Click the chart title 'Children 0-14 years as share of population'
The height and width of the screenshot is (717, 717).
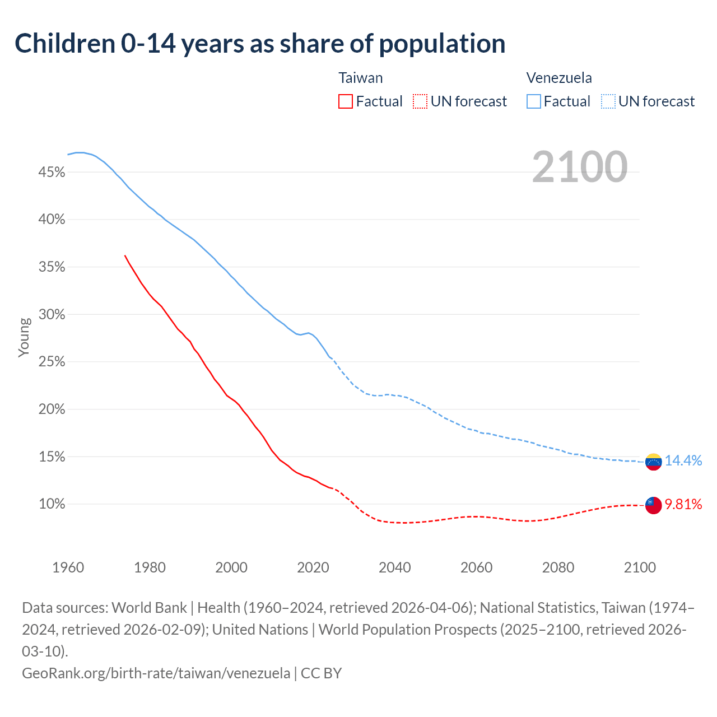pyautogui.click(x=260, y=44)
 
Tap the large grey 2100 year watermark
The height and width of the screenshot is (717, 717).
pyautogui.click(x=579, y=167)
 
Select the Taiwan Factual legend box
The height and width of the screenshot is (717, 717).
pyautogui.click(x=346, y=101)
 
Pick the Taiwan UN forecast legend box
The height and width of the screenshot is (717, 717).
pyautogui.click(x=420, y=101)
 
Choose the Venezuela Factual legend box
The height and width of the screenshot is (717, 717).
pyautogui.click(x=534, y=101)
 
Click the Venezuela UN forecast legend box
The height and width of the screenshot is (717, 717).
pyautogui.click(x=608, y=101)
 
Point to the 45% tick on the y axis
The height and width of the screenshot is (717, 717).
pyautogui.click(x=52, y=173)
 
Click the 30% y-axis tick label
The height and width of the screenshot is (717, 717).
pyautogui.click(x=52, y=315)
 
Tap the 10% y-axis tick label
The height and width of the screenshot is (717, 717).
pyautogui.click(x=52, y=504)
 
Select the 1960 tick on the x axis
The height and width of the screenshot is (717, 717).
pyautogui.click(x=68, y=567)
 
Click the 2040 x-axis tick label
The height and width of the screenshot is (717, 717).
pyautogui.click(x=395, y=567)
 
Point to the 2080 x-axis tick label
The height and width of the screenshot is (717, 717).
pyautogui.click(x=558, y=567)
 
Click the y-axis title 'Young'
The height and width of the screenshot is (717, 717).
pyautogui.click(x=24, y=337)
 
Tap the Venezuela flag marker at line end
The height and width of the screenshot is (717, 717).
pyautogui.click(x=653, y=462)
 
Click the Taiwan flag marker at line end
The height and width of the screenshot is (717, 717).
pyautogui.click(x=653, y=505)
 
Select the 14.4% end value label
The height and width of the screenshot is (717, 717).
pyautogui.click(x=683, y=460)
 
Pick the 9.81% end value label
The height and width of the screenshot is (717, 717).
pyautogui.click(x=683, y=505)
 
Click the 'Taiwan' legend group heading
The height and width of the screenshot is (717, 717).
pyautogui.click(x=361, y=78)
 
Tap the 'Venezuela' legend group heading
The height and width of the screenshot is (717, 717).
pyautogui.click(x=559, y=78)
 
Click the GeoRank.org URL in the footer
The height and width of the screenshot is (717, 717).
pyautogui.click(x=156, y=673)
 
